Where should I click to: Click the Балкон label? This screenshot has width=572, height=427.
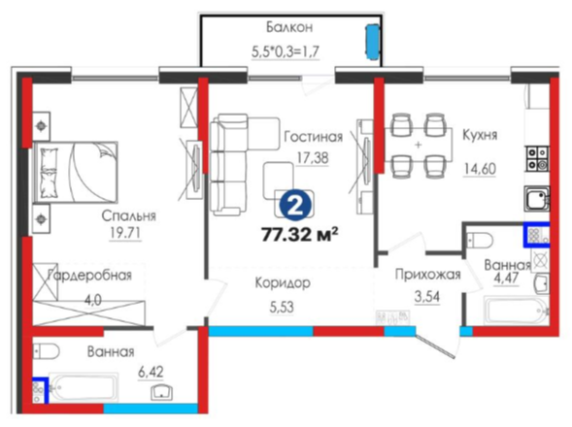tap(289, 27)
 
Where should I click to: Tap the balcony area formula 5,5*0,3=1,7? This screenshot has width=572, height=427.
tap(286, 51)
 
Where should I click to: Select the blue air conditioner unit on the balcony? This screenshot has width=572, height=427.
tap(373, 42)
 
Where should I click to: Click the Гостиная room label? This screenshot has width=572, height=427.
tap(314, 137)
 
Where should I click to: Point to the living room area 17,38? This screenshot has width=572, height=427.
tap(313, 158)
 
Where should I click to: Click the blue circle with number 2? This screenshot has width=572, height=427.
tap(296, 207)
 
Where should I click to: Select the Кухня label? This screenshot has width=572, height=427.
tap(480, 135)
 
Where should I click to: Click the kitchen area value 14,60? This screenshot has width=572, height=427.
tap(480, 169)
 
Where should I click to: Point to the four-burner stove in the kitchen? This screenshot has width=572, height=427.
tap(537, 158)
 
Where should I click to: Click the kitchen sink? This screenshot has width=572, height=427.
tap(537, 199)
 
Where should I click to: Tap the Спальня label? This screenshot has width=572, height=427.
tap(128, 215)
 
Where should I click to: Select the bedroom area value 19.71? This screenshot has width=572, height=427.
tap(125, 233)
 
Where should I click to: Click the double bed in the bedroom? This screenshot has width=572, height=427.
tap(76, 172)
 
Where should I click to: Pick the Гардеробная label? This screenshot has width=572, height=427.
tap(89, 276)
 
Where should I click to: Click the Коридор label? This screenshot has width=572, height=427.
tap(283, 283)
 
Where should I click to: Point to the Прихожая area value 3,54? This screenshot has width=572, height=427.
tap(427, 297)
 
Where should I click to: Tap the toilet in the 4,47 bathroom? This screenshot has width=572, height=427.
tap(480, 241)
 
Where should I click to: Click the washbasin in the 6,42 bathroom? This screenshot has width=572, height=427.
tap(161, 392)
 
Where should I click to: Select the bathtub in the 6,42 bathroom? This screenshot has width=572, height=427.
tap(84, 388)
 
